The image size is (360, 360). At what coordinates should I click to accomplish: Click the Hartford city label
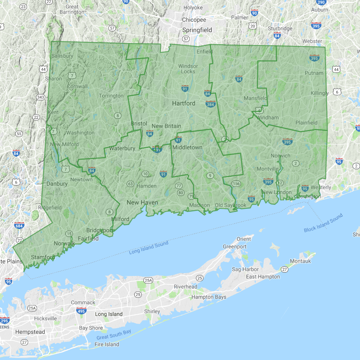click(x=184, y=103)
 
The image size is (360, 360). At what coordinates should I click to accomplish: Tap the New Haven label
click(x=142, y=202)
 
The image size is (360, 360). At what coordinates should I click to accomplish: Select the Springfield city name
click(x=197, y=30)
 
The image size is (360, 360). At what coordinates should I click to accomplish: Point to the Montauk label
click(x=300, y=261)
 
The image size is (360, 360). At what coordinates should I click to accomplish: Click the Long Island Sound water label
click(x=149, y=248)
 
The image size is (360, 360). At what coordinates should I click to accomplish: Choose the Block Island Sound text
click(x=323, y=223)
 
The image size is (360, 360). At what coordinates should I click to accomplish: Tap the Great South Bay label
click(x=114, y=335)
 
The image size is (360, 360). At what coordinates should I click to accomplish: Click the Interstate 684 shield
click(x=20, y=226)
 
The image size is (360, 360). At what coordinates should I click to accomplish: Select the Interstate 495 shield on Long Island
click(x=81, y=310)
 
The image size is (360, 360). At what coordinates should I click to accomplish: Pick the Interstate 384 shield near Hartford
click(x=210, y=104)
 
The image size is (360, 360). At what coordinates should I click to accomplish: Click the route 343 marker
click(x=40, y=97)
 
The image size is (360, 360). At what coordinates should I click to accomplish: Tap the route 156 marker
click(x=236, y=184)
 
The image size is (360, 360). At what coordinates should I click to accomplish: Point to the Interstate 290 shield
click(x=321, y=2)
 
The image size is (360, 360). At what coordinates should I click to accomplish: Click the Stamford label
click(x=43, y=257)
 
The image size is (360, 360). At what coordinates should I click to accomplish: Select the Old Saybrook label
click(x=231, y=205)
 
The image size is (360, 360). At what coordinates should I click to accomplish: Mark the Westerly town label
click(x=321, y=187)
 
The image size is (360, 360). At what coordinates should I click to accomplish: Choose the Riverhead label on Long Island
click(x=185, y=287)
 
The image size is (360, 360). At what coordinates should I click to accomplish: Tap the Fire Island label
click(x=107, y=344)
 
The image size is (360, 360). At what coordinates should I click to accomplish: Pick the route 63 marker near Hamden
click(x=130, y=184)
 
